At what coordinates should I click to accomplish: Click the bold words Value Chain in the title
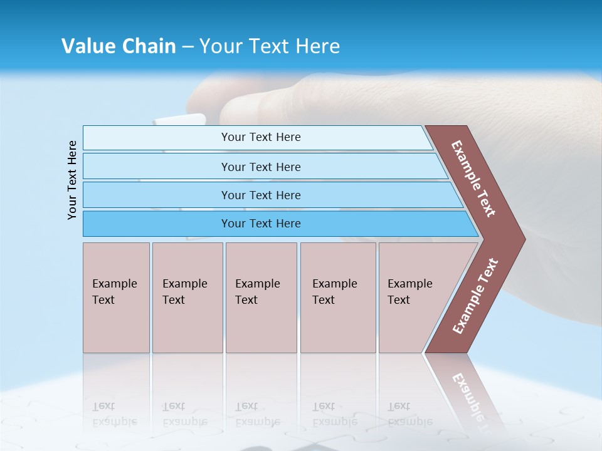coord(119,46)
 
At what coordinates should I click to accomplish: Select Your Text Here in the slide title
coord(270,46)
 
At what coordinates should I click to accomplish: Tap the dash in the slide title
coord(187,47)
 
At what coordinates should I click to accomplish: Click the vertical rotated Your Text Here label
coord(72,180)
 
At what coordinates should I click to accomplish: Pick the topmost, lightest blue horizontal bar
coord(260,137)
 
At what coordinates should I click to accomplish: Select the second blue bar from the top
coord(260,167)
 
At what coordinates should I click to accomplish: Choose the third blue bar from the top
coord(260,195)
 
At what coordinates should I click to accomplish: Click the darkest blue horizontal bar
coord(260,224)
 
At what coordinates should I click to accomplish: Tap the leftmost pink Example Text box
coord(115,298)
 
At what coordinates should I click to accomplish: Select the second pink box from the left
coord(187,298)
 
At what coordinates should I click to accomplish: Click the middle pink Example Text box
coord(260,298)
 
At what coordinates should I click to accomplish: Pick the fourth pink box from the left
coord(337,298)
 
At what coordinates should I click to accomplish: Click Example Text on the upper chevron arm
coord(473,179)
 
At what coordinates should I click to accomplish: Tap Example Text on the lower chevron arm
coord(475,296)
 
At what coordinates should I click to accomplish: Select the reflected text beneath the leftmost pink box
coord(114,413)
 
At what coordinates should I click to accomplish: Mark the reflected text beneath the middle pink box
coord(257,413)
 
